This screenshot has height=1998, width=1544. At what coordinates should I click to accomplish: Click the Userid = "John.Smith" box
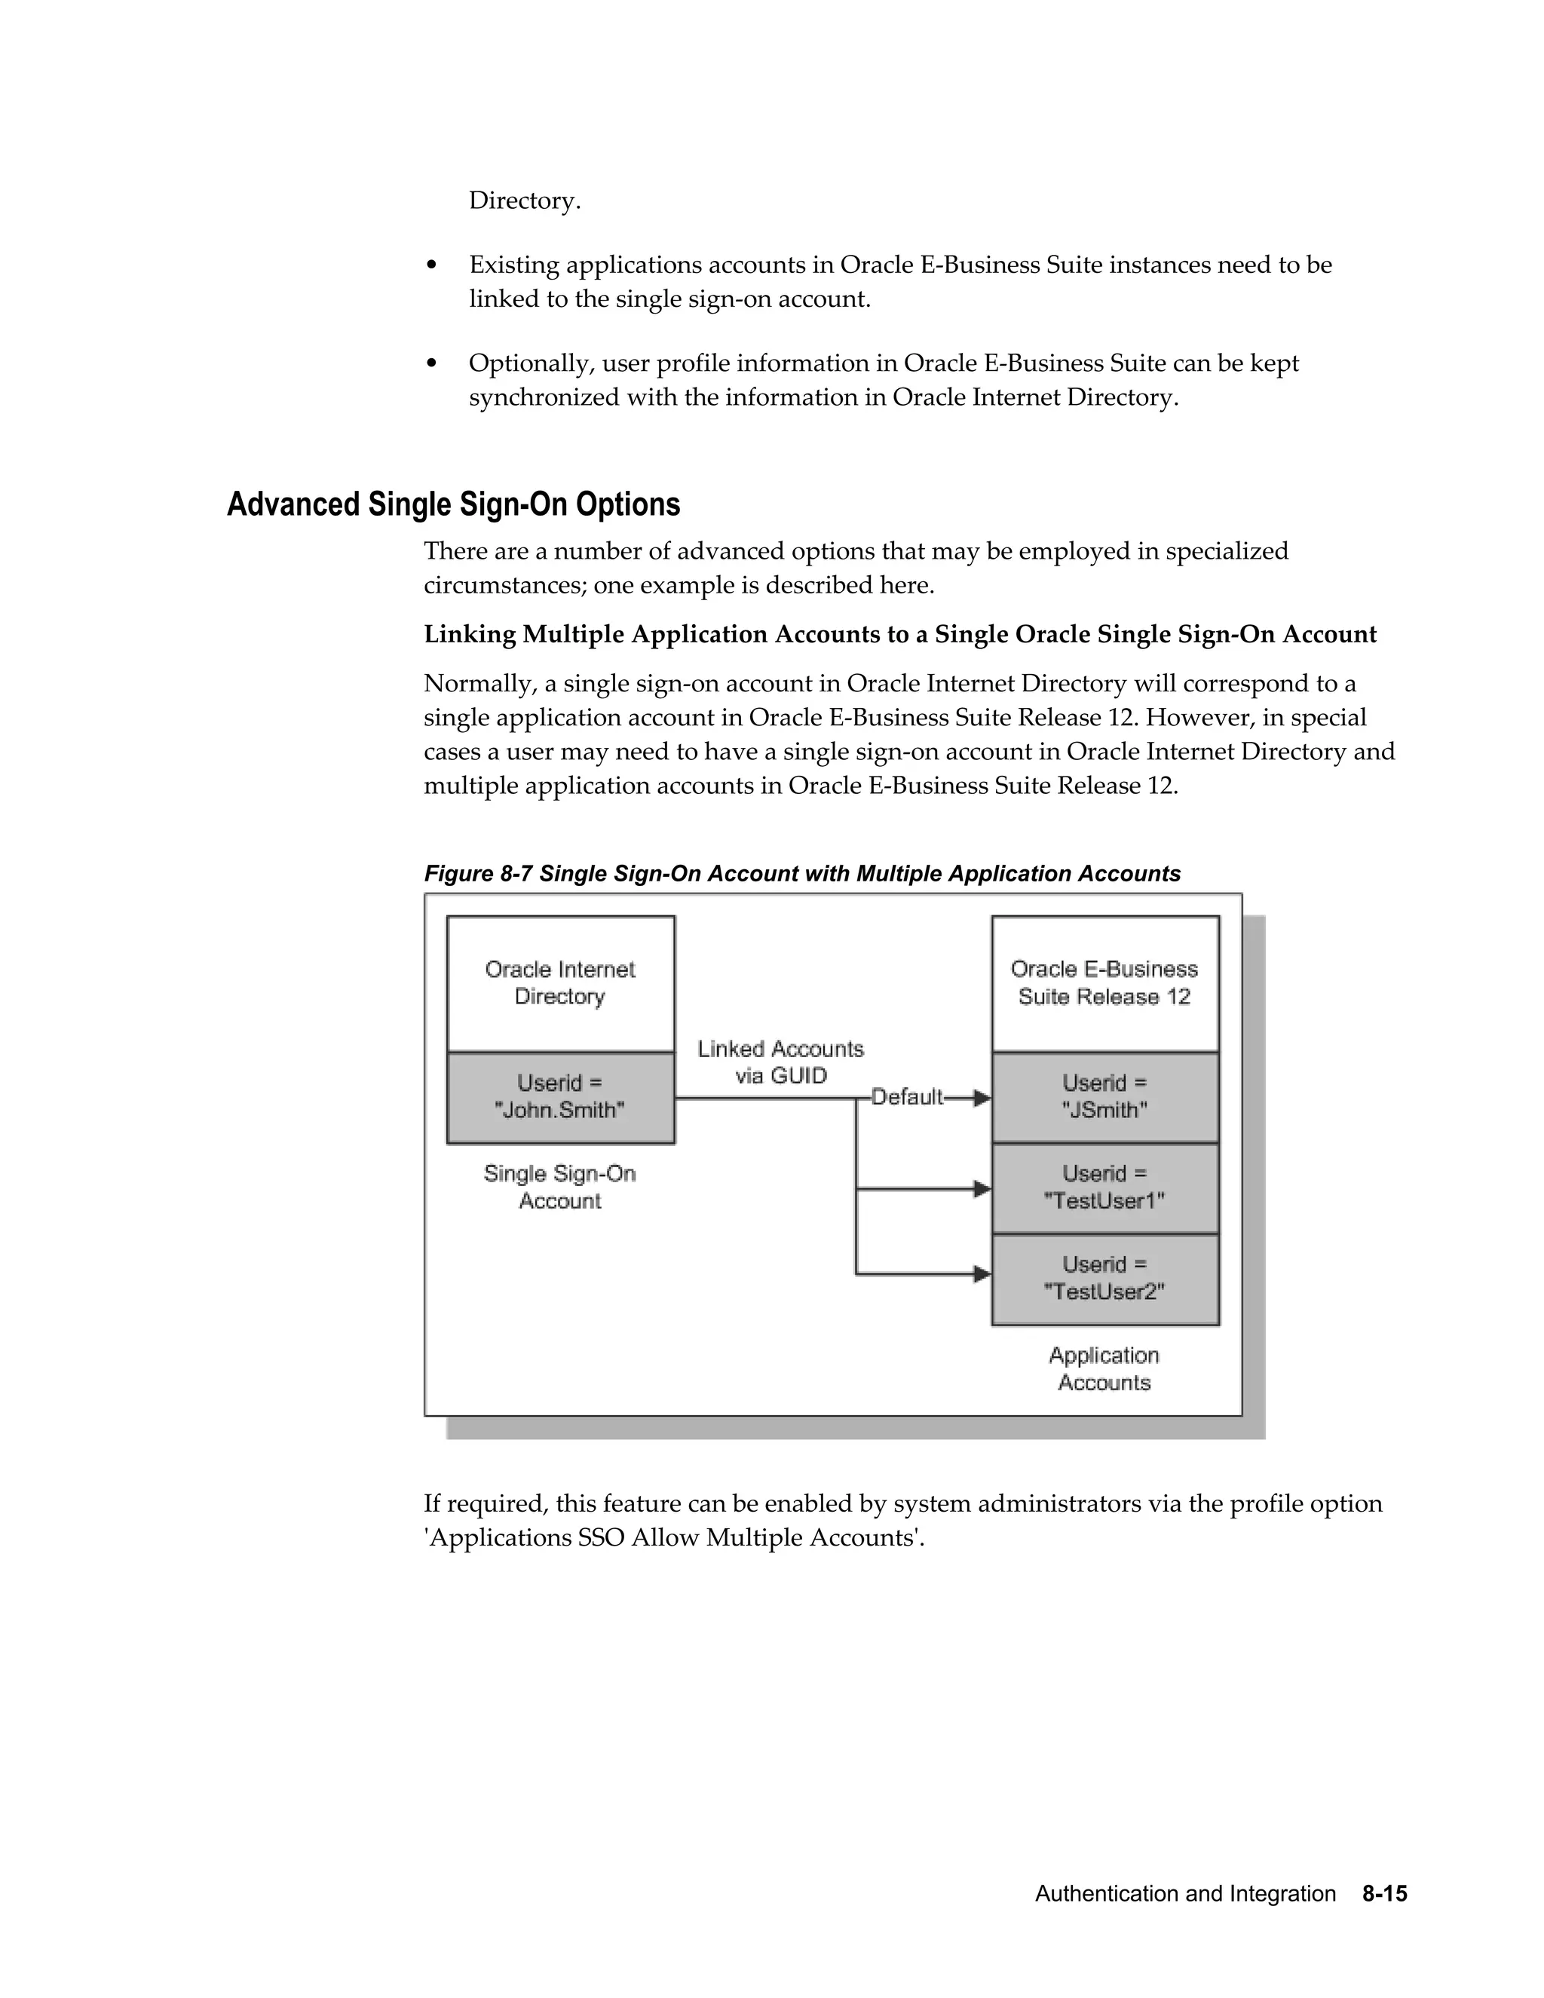(560, 1097)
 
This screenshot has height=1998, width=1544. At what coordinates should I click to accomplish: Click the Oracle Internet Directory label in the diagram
(560, 982)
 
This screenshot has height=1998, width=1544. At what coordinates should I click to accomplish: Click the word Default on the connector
(905, 1097)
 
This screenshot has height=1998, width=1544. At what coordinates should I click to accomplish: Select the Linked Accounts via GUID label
(780, 1062)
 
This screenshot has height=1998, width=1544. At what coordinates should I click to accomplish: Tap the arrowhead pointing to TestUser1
(982, 1189)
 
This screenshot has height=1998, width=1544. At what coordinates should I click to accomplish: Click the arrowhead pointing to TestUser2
(982, 1273)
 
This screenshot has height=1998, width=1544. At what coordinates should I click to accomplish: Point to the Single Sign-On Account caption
(560, 1187)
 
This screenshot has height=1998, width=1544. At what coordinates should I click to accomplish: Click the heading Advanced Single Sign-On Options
(454, 504)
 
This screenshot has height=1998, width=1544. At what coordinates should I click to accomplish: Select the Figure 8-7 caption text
(802, 874)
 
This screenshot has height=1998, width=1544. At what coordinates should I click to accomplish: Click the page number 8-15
(1384, 1894)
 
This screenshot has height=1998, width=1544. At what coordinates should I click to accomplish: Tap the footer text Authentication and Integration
(1185, 1894)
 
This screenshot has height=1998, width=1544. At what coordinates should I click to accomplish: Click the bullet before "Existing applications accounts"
(432, 266)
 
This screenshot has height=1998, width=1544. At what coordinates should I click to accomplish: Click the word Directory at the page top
(524, 201)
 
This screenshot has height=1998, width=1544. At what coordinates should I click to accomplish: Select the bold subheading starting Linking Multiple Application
(900, 634)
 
